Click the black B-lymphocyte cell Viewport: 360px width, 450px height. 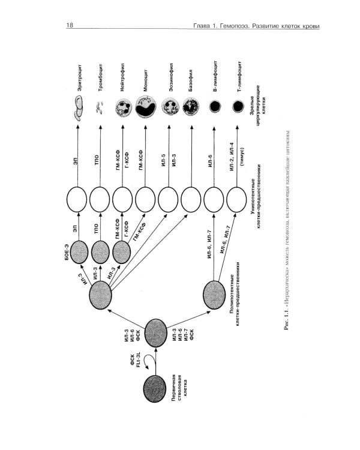[215, 107]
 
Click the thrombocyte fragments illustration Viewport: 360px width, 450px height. [101, 107]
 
